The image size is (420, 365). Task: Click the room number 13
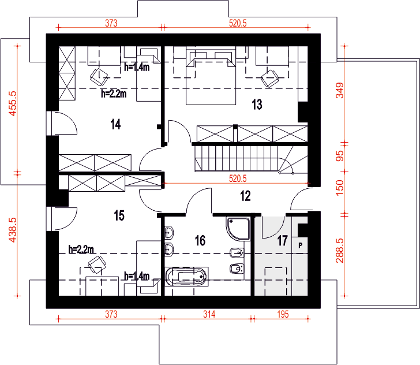257,104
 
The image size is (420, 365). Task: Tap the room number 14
115,124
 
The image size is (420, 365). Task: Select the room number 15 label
119,215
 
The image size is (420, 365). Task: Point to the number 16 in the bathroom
200,240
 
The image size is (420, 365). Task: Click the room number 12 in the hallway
246,196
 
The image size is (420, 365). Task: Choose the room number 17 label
282,241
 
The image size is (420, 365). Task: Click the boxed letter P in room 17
301,245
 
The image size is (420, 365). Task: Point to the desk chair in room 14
99,74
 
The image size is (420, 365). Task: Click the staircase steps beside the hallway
237,157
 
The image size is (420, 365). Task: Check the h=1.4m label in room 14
137,67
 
